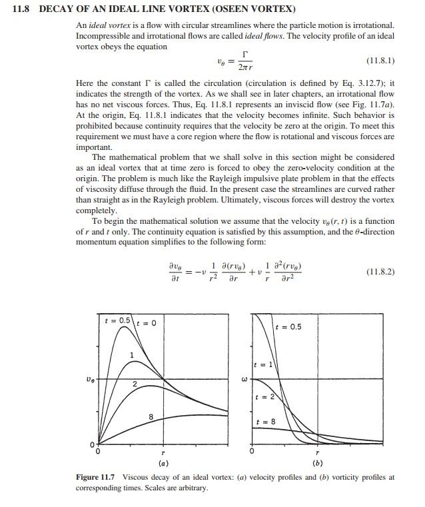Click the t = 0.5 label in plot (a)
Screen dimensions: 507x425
pos(118,321)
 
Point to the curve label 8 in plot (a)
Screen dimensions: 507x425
pos(151,416)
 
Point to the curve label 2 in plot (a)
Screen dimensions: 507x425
pos(134,384)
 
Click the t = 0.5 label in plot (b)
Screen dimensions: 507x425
pos(289,327)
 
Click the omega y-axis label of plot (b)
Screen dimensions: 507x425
pos(244,380)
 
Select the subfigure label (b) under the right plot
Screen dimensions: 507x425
pos(317,463)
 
